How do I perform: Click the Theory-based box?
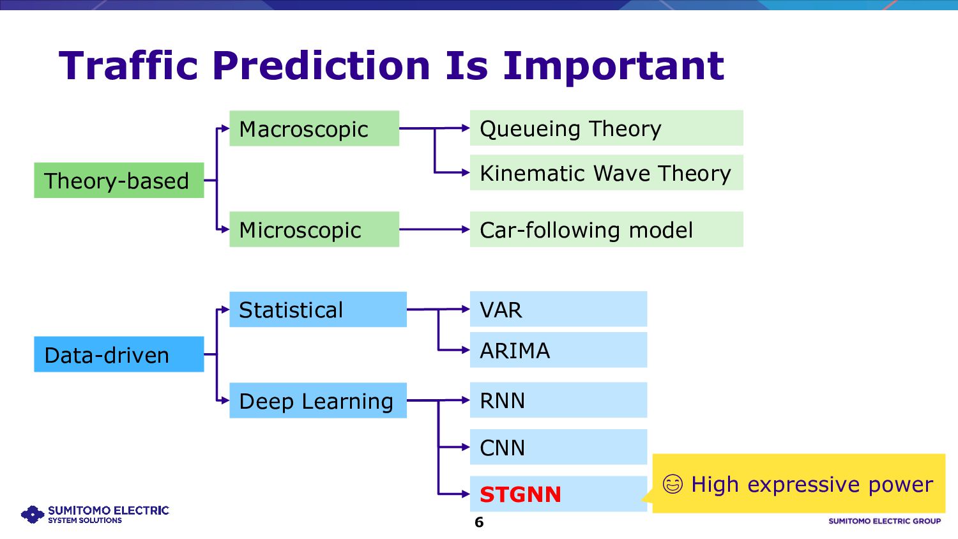pyautogui.click(x=119, y=180)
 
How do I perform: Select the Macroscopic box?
pyautogui.click(x=314, y=128)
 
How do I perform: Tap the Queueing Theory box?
pyautogui.click(x=607, y=128)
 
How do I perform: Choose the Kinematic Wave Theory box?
pyautogui.click(x=607, y=172)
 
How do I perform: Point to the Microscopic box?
pyautogui.click(x=314, y=229)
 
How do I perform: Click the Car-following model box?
pyautogui.click(x=607, y=229)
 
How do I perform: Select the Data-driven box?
pyautogui.click(x=119, y=354)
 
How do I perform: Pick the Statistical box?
pyautogui.click(x=318, y=309)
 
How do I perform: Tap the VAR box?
pyautogui.click(x=559, y=309)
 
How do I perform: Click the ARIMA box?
pyautogui.click(x=559, y=350)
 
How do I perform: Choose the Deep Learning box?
pyautogui.click(x=318, y=400)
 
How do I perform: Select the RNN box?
pyautogui.click(x=559, y=400)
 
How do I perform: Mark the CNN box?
pyautogui.click(x=559, y=447)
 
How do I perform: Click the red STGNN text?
pyautogui.click(x=520, y=494)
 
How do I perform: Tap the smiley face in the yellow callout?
pyautogui.click(x=673, y=484)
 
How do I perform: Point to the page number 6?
pyautogui.click(x=479, y=522)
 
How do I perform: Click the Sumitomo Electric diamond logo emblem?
pyautogui.click(x=33, y=514)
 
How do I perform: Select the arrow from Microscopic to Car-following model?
pyautogui.click(x=434, y=229)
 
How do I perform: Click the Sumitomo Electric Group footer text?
pyautogui.click(x=885, y=521)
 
